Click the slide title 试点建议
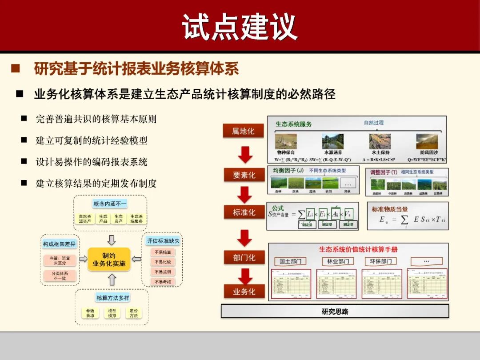click(240, 27)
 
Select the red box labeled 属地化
click(243, 131)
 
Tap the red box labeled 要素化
click(244, 175)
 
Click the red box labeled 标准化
click(244, 212)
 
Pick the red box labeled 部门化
click(244, 258)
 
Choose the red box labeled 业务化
click(244, 292)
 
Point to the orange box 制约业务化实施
click(109, 260)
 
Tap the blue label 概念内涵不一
click(110, 204)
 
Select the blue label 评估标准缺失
click(163, 241)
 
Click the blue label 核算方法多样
click(113, 297)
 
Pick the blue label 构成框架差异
click(59, 244)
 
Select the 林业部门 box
click(338, 261)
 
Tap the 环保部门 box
click(380, 261)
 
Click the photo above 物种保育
click(286, 141)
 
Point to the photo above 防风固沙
click(427, 141)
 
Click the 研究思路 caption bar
click(335, 311)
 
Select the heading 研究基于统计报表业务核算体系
click(136, 69)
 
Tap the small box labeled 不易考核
click(163, 281)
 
